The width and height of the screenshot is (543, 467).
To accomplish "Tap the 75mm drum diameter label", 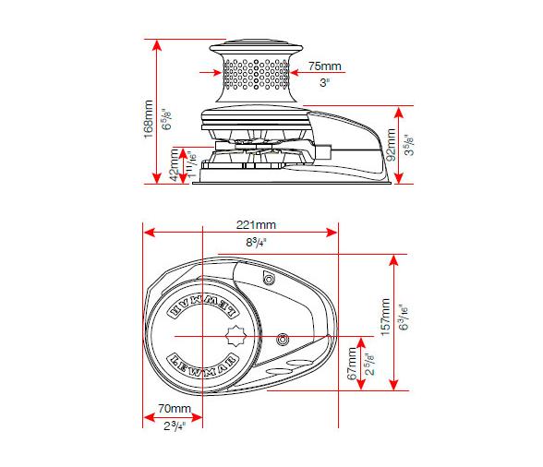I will (x=323, y=66).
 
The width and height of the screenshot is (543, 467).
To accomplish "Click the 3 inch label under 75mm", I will (x=323, y=82).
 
